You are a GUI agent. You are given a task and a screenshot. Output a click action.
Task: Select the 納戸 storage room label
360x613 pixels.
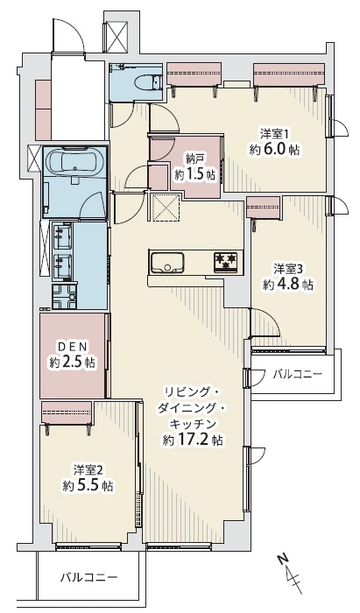pos(194,159)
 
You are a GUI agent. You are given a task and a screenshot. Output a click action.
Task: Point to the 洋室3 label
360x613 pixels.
pos(288,268)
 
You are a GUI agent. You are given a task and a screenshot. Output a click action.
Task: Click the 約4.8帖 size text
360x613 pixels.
pos(288,285)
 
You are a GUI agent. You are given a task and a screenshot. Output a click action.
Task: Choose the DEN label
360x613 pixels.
pos(74,345)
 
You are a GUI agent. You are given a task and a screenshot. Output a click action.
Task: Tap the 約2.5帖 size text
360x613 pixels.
pos(74,362)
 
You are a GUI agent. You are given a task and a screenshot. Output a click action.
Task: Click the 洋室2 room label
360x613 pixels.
pos(88,469)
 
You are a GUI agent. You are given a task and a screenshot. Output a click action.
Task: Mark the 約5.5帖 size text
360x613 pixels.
pos(88,485)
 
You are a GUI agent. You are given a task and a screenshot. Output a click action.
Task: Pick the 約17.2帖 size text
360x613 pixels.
pos(194,440)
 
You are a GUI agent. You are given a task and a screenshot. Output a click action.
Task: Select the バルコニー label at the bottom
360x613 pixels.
pos(88,578)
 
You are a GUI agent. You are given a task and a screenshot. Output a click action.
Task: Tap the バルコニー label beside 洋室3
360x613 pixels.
pos(297,375)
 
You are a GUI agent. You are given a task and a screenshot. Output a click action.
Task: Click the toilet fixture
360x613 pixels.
pos(141,83)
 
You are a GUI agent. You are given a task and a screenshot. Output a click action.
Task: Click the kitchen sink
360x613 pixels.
pos(166,262)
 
